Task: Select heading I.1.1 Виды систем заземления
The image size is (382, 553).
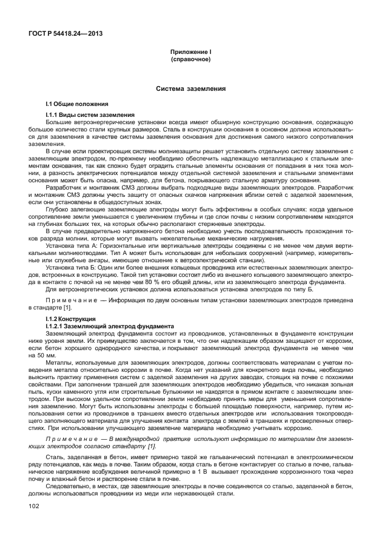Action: coord(92,115)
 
